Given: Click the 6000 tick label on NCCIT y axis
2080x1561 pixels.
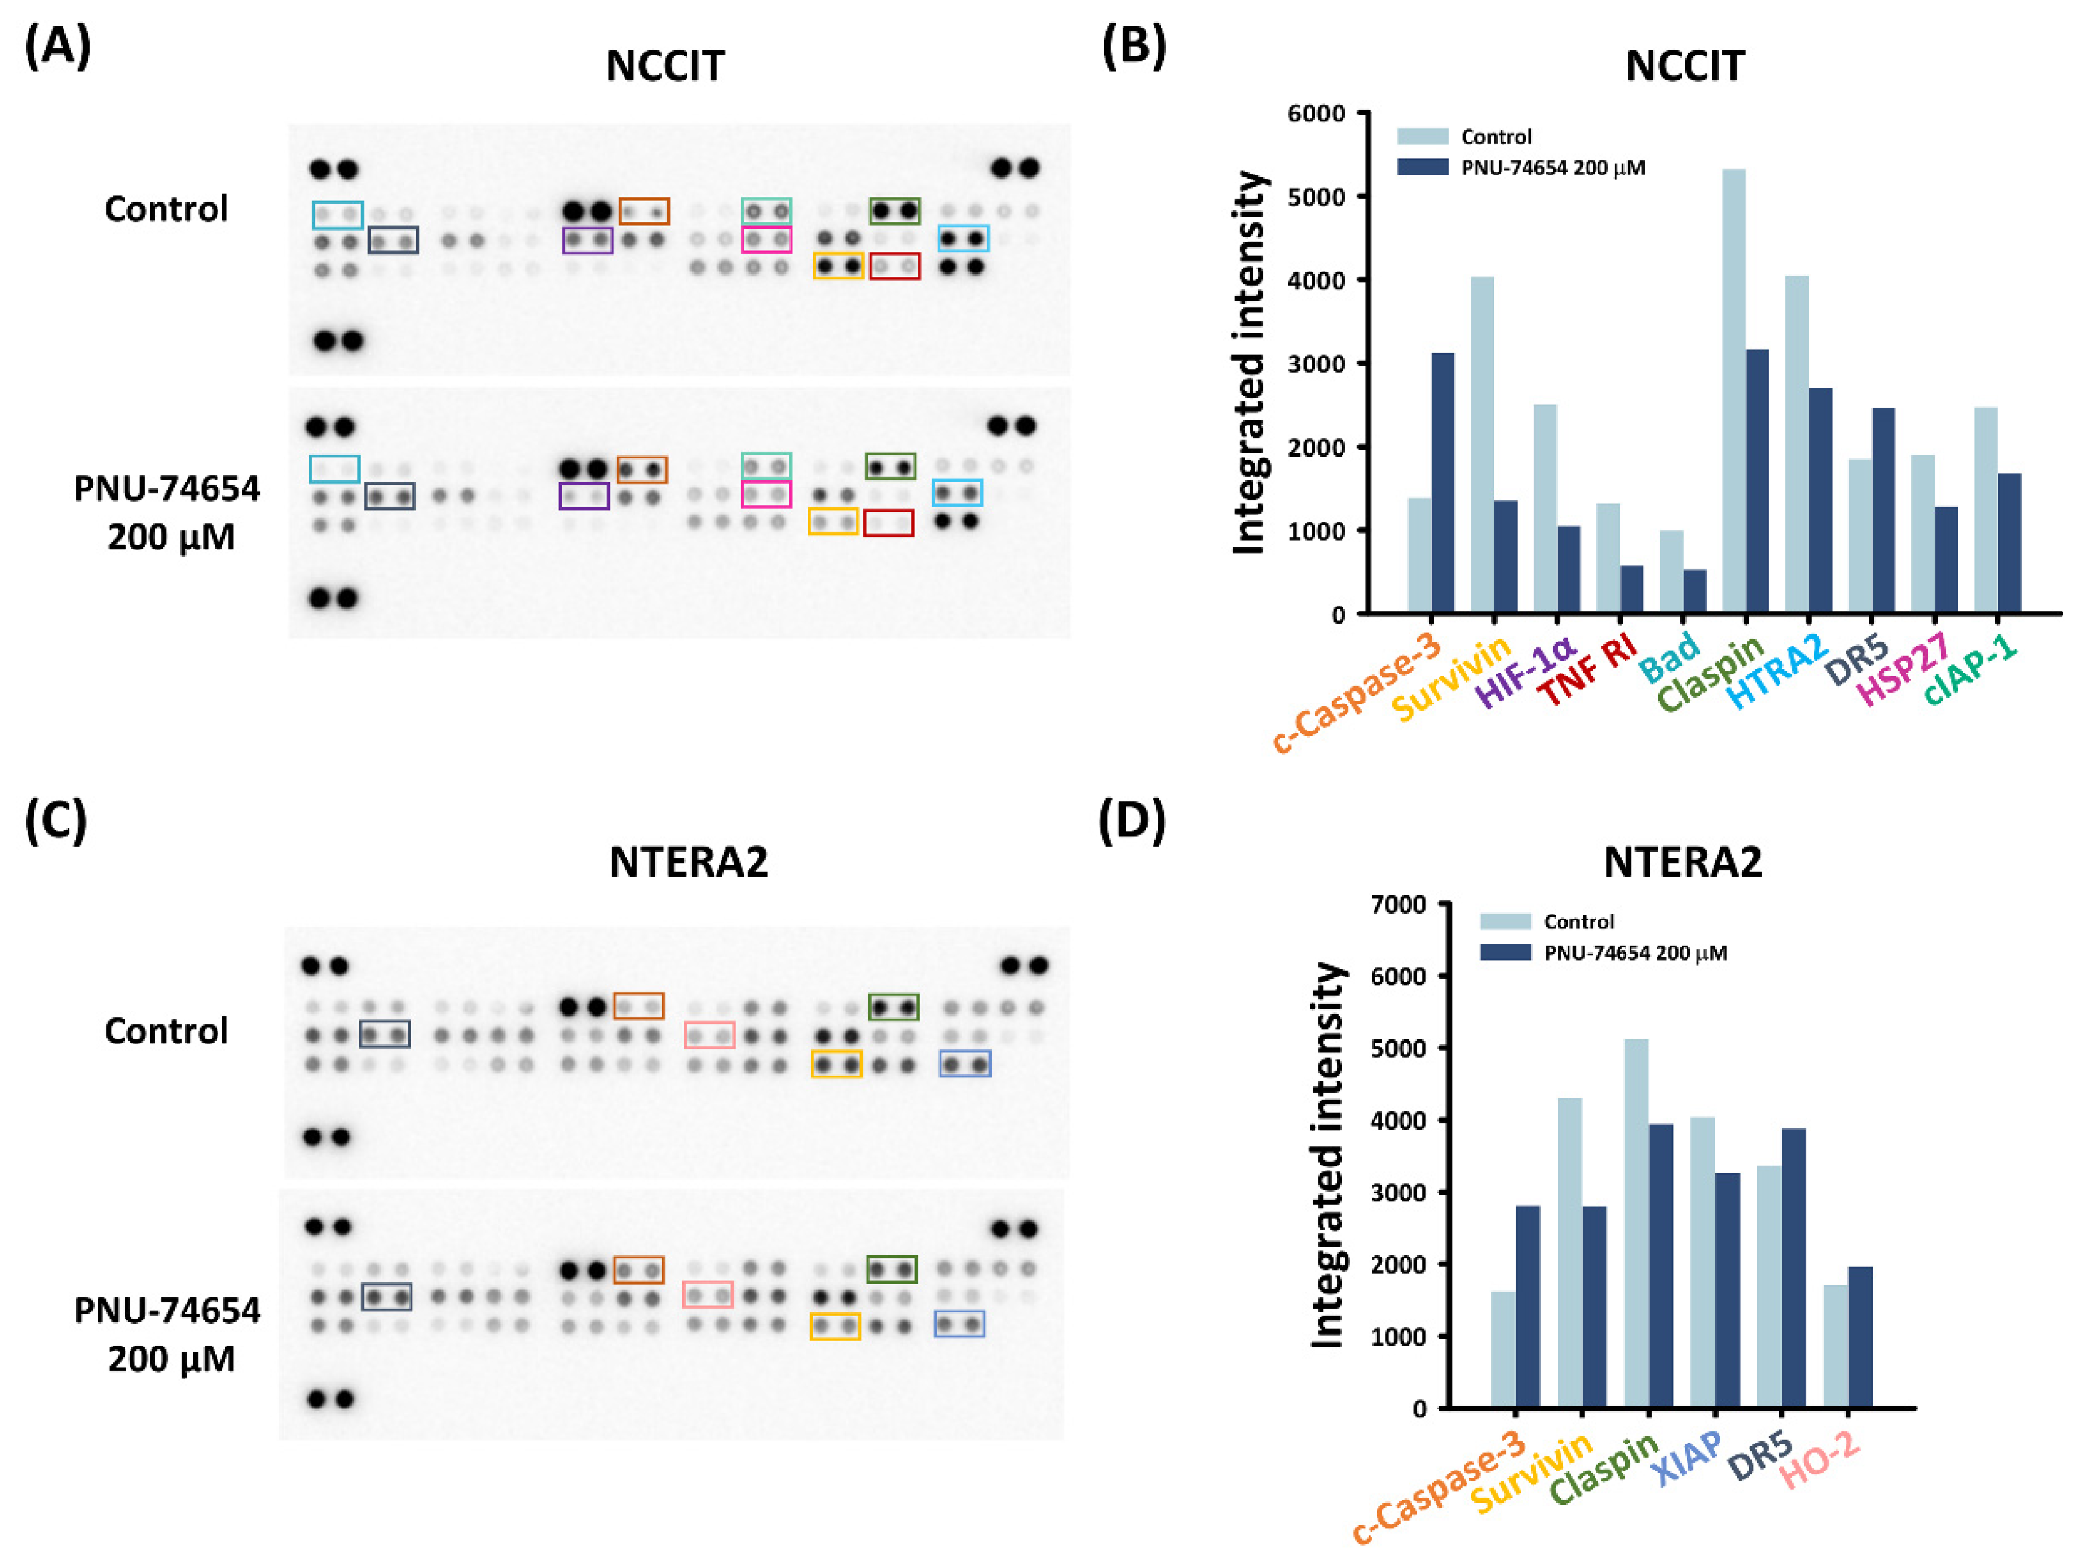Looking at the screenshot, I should pyautogui.click(x=1316, y=114).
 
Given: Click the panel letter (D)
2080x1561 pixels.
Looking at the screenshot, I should pyautogui.click(x=1132, y=820).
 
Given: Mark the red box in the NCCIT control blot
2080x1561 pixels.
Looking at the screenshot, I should pyautogui.click(x=894, y=267).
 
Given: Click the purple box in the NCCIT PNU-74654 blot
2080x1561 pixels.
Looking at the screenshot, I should pyautogui.click(x=584, y=496).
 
